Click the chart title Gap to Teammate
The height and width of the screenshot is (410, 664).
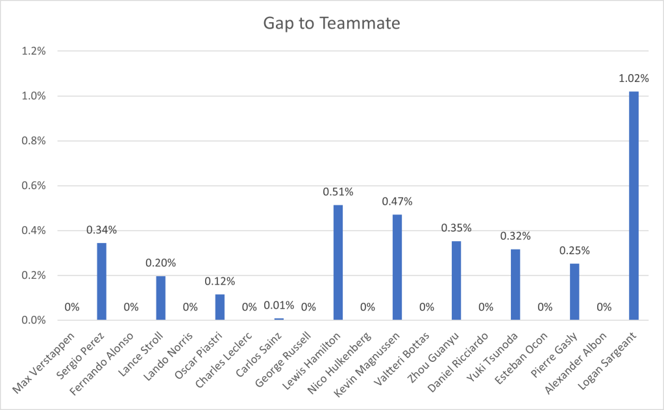[x=331, y=23]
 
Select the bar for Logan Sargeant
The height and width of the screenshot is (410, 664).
[x=633, y=205]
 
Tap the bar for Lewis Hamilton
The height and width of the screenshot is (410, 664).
[x=338, y=263]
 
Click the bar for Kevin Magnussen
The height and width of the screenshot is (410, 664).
[x=397, y=267]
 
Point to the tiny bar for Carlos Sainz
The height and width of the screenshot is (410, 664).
[x=279, y=319]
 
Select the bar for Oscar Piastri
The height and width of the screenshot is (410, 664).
[x=220, y=307]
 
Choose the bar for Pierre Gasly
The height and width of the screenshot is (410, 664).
[x=574, y=292]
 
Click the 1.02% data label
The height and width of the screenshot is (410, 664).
[x=633, y=79]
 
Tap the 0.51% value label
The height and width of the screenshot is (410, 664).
[x=338, y=192]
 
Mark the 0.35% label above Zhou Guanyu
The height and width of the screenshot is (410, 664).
[x=456, y=228]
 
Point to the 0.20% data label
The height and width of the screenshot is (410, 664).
[x=161, y=263]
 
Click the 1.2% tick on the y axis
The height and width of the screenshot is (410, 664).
[x=32, y=51]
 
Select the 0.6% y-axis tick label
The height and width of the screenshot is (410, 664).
[x=32, y=186]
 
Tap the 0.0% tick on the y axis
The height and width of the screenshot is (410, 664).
[x=32, y=320]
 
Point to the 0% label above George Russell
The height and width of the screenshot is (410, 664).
[x=308, y=307]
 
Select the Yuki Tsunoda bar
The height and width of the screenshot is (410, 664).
[x=515, y=285]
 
